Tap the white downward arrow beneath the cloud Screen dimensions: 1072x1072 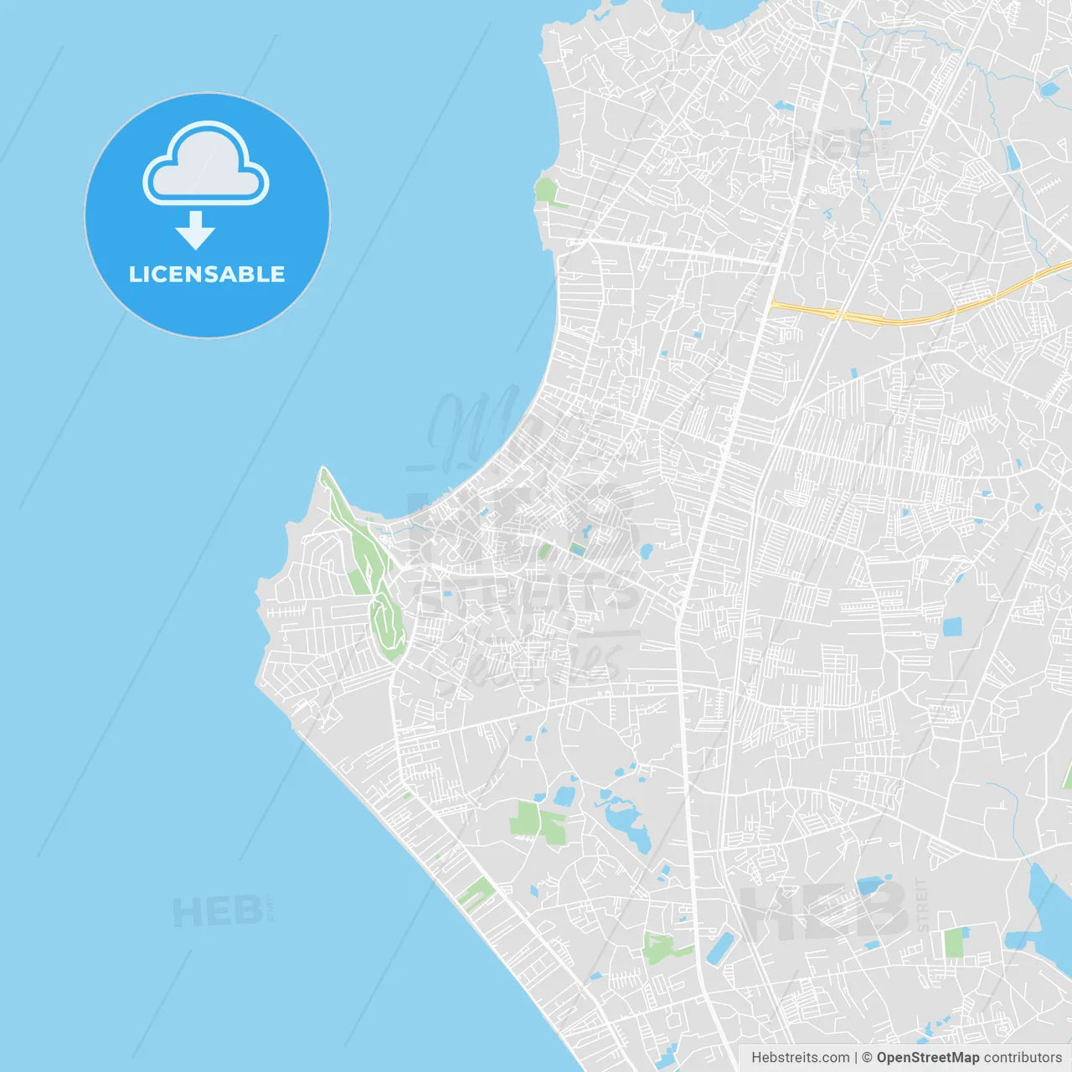[195, 230]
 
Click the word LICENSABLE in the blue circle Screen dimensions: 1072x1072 [207, 274]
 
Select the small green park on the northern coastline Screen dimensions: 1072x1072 [546, 191]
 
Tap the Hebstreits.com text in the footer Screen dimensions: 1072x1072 [800, 1058]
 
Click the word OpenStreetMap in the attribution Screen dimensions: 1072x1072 [927, 1058]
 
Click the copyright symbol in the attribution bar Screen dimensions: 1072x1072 [867, 1058]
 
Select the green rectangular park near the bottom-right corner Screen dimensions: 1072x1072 [955, 942]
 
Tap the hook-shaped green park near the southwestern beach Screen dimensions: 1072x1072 [474, 894]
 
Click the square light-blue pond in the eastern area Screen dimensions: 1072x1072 [952, 626]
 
